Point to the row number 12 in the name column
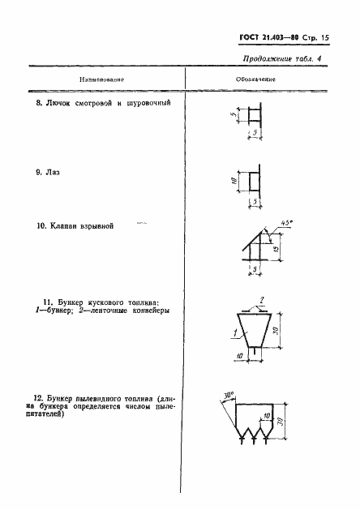tap(37, 397)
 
